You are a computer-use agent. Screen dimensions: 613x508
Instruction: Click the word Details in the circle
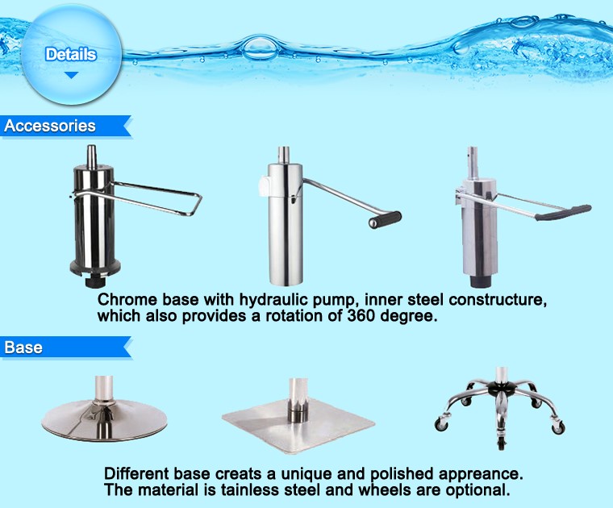[x=71, y=54]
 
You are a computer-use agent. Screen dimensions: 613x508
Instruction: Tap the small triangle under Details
[x=71, y=75]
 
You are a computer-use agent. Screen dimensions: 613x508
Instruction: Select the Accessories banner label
[x=50, y=126]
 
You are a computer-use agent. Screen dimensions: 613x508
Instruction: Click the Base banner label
[x=23, y=347]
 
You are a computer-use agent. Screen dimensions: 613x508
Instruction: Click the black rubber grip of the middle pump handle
[x=385, y=219]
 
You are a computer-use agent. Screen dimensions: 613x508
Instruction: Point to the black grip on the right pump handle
[x=563, y=212]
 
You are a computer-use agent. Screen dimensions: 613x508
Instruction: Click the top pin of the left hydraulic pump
[x=91, y=155]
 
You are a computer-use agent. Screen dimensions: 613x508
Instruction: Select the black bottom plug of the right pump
[x=480, y=281]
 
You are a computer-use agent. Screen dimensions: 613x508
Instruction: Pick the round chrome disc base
[x=104, y=421]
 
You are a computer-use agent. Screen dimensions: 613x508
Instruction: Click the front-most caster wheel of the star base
[x=502, y=444]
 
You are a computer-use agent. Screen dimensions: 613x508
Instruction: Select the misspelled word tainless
[x=249, y=489]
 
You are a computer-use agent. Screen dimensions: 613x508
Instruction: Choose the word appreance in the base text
[x=480, y=474]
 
